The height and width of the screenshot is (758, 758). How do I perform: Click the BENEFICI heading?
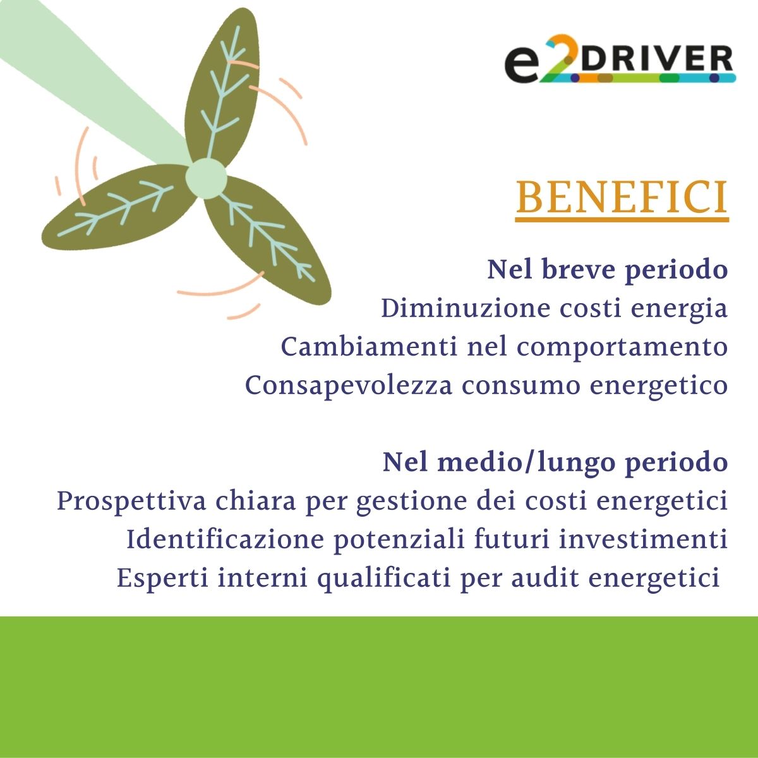point(622,198)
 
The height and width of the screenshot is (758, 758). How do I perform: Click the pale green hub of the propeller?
point(206,178)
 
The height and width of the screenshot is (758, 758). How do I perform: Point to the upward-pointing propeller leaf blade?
point(221,89)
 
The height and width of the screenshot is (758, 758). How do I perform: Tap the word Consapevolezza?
point(349,386)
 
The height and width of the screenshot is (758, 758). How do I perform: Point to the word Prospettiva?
point(131,502)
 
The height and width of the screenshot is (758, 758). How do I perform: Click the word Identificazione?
point(225,539)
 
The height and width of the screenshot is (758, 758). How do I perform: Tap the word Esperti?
point(162,579)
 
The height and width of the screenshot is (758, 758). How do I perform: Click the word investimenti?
point(643,539)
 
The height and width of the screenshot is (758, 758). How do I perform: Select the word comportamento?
point(622,347)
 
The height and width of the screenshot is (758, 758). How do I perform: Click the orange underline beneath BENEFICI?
point(622,219)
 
